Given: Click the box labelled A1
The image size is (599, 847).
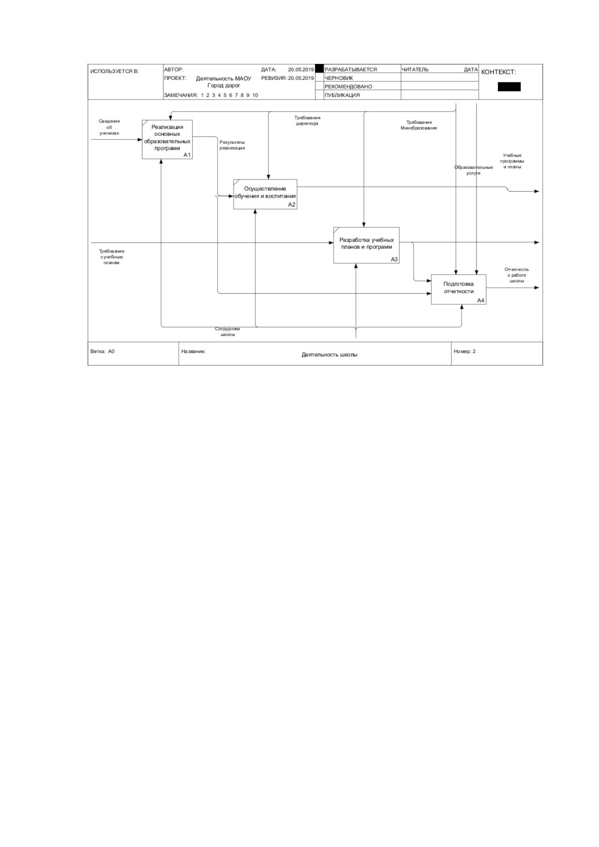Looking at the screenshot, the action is coord(167,139).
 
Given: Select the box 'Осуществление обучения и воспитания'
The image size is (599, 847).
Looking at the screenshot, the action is coord(265,194).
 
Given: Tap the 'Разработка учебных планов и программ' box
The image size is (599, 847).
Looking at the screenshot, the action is coord(366,245).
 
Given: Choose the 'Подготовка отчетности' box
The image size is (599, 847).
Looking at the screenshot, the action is coord(458,289).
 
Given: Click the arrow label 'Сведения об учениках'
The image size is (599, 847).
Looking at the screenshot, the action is coord(109,127).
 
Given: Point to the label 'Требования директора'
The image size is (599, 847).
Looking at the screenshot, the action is coord(307,121).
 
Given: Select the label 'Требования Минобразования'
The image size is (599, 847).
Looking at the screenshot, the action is coord(418,125).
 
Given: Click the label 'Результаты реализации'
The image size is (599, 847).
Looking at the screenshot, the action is coord(232,145).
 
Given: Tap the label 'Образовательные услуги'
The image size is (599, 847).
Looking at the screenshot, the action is coord(473,170).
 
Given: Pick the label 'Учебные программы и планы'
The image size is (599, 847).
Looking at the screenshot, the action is coord(511,161).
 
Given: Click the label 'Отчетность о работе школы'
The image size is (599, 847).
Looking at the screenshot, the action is coord(516,275).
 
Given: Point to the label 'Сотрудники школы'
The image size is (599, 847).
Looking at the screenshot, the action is coord(227,331).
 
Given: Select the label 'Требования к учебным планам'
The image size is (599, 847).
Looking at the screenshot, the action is coord(111,257).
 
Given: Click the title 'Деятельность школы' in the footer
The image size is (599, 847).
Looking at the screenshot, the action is coord(329,355).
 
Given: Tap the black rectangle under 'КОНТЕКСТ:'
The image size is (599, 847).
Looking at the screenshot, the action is coord(508,87).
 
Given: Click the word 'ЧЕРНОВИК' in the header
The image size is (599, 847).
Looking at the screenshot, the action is coord(338,78).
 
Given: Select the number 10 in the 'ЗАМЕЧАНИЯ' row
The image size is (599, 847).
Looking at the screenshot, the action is coord(255,95).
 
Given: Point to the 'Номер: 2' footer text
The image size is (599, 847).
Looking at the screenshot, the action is coord(464,351).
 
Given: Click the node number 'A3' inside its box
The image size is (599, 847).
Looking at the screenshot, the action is coord(394,259).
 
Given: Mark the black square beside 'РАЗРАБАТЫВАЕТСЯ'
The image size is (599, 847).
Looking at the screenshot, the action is coord(319,69).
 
